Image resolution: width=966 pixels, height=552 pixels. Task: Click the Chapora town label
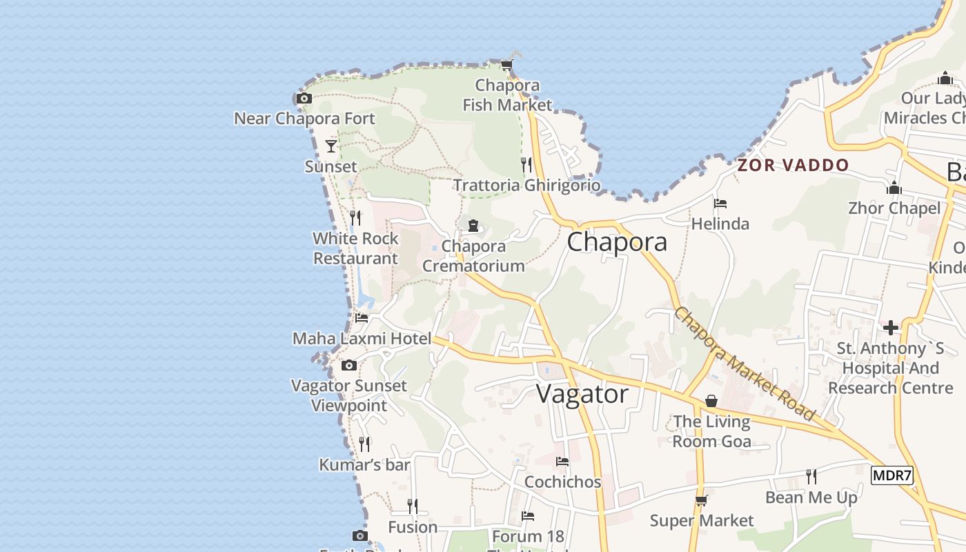pyautogui.click(x=617, y=242)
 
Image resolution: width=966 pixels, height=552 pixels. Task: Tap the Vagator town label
pyautogui.click(x=582, y=394)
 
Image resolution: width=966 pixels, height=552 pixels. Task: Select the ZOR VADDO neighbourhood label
pyautogui.click(x=793, y=166)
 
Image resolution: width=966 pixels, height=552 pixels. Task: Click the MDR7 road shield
pyautogui.click(x=891, y=475)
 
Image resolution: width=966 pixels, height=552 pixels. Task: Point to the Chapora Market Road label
pyautogui.click(x=745, y=364)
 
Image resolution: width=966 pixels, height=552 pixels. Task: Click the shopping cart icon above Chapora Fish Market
pyautogui.click(x=507, y=66)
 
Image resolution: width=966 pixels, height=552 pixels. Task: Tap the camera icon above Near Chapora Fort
pyautogui.click(x=304, y=99)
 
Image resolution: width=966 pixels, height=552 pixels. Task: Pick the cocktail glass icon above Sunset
pyautogui.click(x=331, y=146)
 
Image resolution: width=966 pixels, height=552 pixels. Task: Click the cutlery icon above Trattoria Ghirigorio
pyautogui.click(x=526, y=164)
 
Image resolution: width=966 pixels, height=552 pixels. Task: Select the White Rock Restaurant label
pyautogui.click(x=355, y=248)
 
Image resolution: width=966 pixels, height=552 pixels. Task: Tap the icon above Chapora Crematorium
pyautogui.click(x=473, y=226)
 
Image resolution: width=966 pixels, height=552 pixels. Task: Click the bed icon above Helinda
pyautogui.click(x=720, y=204)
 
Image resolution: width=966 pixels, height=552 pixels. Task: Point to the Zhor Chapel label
pyautogui.click(x=894, y=208)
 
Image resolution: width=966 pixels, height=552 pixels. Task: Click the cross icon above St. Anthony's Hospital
pyautogui.click(x=891, y=327)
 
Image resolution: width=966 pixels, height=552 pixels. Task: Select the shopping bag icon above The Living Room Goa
pyautogui.click(x=711, y=401)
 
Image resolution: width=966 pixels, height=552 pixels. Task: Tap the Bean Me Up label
pyautogui.click(x=811, y=497)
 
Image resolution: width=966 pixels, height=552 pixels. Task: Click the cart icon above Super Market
pyautogui.click(x=702, y=500)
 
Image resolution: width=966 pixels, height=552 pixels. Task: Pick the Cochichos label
pyautogui.click(x=562, y=482)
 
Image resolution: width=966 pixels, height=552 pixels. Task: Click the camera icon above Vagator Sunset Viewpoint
pyautogui.click(x=349, y=365)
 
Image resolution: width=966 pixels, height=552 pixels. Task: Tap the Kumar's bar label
pyautogui.click(x=364, y=465)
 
